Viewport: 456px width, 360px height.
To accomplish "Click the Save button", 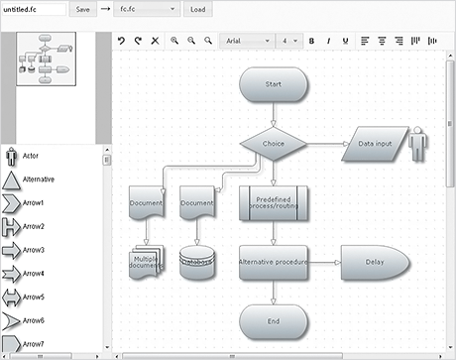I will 82,9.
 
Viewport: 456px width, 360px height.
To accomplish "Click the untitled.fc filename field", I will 34,9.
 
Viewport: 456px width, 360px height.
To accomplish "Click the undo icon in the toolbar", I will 121,41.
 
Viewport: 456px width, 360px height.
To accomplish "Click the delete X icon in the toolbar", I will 155,41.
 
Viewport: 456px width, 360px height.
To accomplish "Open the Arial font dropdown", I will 245,41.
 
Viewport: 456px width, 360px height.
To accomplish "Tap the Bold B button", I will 311,41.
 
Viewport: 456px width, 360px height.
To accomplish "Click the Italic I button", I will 327,41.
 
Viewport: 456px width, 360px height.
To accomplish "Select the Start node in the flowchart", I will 274,85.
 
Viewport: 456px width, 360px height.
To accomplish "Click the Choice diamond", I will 274,144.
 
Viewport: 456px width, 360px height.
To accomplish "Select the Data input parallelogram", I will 375,144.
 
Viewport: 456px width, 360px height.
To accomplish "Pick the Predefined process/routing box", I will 274,202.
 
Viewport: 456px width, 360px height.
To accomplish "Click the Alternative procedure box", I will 274,262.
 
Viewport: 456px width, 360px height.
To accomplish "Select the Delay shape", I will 374,262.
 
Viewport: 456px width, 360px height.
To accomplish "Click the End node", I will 274,320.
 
